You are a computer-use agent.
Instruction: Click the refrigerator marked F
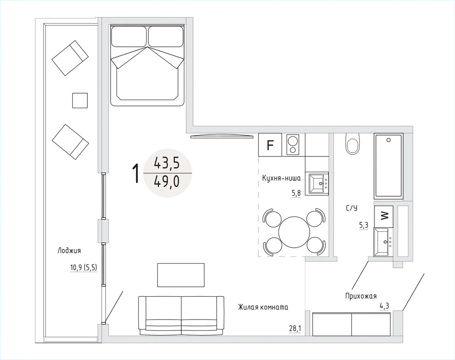click(270, 145)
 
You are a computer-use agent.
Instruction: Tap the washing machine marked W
click(384, 216)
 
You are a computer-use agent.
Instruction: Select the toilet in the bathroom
click(353, 144)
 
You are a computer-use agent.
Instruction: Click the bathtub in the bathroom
click(389, 166)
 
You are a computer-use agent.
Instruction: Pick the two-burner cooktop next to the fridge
click(293, 145)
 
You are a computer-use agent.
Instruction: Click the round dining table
click(294, 232)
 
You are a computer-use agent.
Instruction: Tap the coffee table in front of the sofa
click(181, 275)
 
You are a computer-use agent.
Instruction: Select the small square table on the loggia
click(80, 100)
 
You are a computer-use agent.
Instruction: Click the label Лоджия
click(69, 251)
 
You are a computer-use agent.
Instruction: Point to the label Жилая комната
click(263, 307)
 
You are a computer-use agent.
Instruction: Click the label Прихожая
click(361, 296)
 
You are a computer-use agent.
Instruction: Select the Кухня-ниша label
click(281, 178)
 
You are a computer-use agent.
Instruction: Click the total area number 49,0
click(167, 182)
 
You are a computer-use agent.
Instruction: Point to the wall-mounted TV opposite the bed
click(221, 136)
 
